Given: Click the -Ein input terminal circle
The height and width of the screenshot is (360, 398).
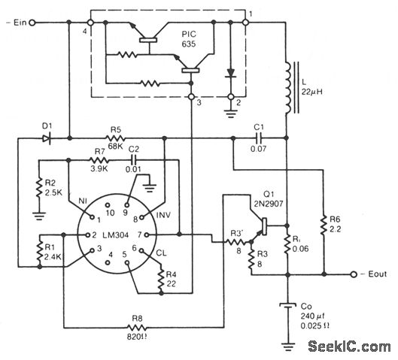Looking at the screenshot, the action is pos(32,23).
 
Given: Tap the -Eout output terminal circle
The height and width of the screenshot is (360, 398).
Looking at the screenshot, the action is pos(354,274).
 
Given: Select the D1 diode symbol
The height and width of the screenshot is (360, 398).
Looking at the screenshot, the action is pos(46,138).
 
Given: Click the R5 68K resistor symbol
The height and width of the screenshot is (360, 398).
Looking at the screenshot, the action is pos(115,138).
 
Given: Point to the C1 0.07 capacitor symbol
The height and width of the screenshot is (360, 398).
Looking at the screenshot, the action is pos(259,138).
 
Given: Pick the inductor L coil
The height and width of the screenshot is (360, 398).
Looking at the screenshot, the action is pos(288,87).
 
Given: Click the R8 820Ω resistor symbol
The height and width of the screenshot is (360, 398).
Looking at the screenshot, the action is pos(137,327).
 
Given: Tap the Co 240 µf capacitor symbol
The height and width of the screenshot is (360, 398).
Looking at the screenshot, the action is pos(287,306).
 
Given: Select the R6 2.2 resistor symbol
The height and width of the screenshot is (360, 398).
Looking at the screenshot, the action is pos(324,225).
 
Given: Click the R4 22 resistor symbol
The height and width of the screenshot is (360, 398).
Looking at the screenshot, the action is pos(161,279).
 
